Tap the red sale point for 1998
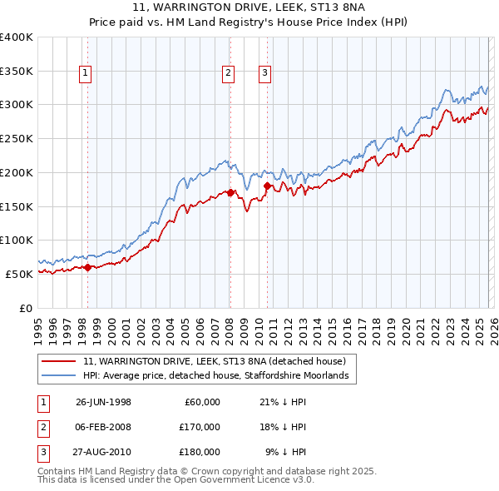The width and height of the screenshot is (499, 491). click(88, 267)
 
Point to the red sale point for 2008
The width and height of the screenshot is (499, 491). click(230, 192)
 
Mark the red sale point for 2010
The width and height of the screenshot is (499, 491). click(268, 186)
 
